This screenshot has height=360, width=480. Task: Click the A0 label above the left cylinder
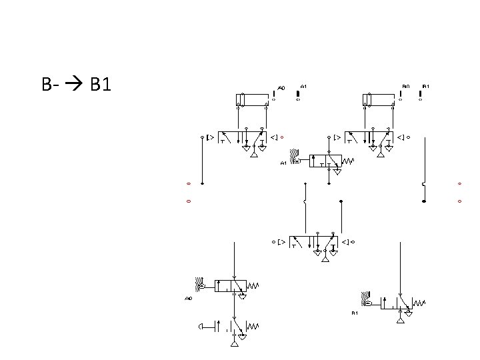281,87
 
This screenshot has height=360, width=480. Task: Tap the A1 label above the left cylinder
303,86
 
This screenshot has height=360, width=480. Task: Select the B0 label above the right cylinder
405,86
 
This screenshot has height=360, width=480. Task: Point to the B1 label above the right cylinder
426,86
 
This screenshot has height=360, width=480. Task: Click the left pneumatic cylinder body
253,100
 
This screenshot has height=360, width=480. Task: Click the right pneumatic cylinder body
382,100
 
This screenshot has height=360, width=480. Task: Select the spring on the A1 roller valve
349,161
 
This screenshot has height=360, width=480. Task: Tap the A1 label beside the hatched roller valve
283,163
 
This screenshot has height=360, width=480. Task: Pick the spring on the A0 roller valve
253,285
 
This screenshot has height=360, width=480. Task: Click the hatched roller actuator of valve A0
199,282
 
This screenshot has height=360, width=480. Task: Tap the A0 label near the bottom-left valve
189,299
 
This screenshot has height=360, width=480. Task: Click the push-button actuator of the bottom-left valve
201,326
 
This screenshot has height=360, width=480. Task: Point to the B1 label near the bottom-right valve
355,313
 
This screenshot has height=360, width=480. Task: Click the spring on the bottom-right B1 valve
419,303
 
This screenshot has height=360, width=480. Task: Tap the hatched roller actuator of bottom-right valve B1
366,297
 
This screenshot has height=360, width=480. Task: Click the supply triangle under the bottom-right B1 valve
400,320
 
